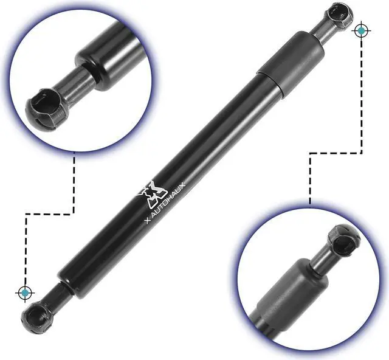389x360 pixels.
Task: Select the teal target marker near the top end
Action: click(x=362, y=30)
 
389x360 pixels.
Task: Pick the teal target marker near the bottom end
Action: click(x=25, y=293)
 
